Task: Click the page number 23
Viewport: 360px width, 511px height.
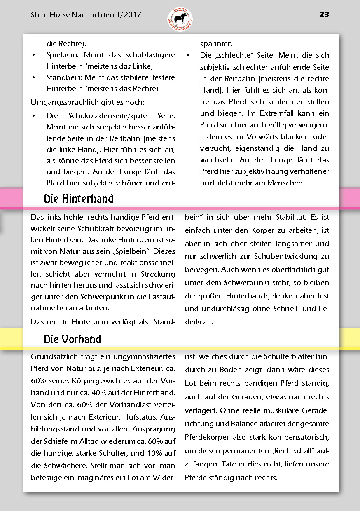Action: (x=324, y=15)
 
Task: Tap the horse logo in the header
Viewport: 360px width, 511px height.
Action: (x=180, y=19)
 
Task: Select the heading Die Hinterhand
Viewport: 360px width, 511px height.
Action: (x=78, y=199)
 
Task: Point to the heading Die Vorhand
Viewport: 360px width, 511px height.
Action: (x=72, y=339)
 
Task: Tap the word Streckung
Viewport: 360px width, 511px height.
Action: (x=158, y=274)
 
